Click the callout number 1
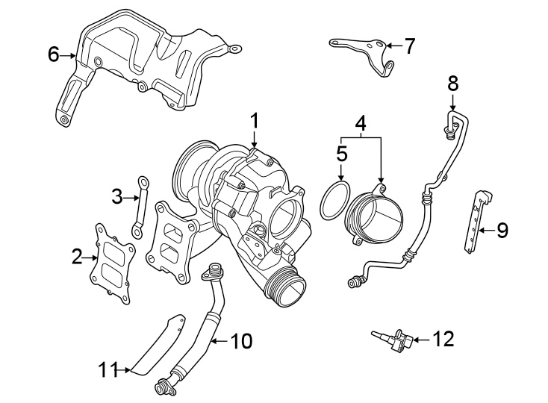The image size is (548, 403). coord(254,120)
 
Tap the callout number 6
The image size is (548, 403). coord(53,54)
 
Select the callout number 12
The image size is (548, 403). coord(443,340)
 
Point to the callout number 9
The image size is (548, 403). coord(502,230)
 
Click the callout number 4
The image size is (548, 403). coord(361,122)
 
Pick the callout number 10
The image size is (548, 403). coord(241,342)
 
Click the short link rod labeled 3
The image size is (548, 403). coord(140,206)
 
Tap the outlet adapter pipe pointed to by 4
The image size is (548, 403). coord(374,218)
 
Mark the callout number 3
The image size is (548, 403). coord(116,197)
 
